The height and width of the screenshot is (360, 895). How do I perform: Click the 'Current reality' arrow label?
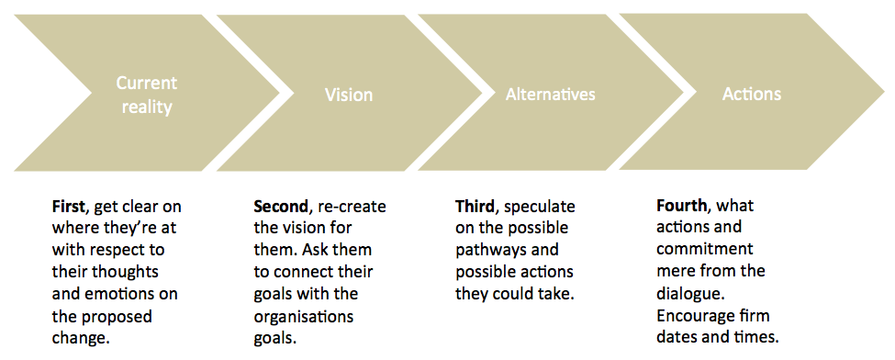(146, 95)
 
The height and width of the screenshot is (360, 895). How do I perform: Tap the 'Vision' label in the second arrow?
(349, 95)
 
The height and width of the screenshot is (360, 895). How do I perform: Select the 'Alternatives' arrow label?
(550, 95)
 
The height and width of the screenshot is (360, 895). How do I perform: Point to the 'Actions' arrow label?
(751, 94)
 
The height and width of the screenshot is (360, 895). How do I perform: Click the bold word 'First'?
(70, 206)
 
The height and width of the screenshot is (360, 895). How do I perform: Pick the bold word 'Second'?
(278, 206)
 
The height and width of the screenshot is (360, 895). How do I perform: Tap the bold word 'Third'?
(475, 206)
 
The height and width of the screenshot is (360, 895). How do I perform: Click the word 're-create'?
(356, 206)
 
